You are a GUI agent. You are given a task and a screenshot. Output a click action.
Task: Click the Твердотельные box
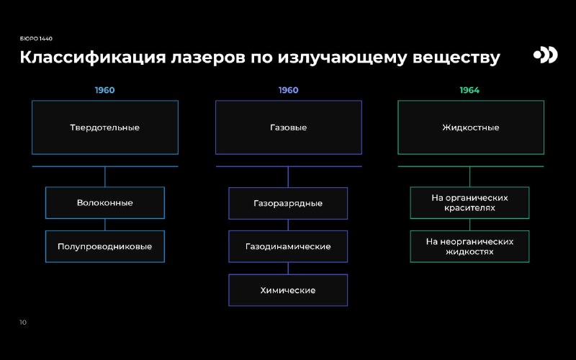pyautogui.click(x=105, y=127)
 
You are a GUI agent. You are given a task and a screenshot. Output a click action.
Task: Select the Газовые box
pyautogui.click(x=289, y=127)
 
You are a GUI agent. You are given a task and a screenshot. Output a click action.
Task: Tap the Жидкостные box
pyautogui.click(x=471, y=127)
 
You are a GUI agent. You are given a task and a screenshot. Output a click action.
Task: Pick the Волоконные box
pyautogui.click(x=105, y=203)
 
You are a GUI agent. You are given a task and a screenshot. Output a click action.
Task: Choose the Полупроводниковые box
pyautogui.click(x=105, y=246)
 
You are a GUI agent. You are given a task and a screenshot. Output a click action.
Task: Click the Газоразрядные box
pyautogui.click(x=288, y=204)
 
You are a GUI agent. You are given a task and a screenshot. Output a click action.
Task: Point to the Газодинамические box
pyautogui.click(x=288, y=246)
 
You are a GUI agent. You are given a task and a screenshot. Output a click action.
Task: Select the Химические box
pyautogui.click(x=288, y=290)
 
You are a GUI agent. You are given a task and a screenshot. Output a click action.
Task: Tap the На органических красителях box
pyautogui.click(x=470, y=203)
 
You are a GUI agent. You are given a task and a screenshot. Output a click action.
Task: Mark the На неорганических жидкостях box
pyautogui.click(x=470, y=246)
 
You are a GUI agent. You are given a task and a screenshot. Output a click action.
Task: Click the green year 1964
pyautogui.click(x=469, y=90)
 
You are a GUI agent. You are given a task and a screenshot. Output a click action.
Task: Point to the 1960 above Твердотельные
pyautogui.click(x=104, y=90)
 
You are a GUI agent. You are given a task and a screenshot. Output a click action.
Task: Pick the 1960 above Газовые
pyautogui.click(x=289, y=90)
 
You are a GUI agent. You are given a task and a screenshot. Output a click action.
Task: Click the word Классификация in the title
pyautogui.click(x=93, y=58)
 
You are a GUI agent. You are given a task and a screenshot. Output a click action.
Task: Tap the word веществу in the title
pyautogui.click(x=456, y=58)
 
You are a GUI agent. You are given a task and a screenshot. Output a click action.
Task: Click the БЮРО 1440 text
pyautogui.click(x=36, y=39)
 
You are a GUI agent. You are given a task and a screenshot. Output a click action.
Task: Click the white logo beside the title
pyautogui.click(x=546, y=55)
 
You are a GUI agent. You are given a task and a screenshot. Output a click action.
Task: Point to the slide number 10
pyautogui.click(x=23, y=322)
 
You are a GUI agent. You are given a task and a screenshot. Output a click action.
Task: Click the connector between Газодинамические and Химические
pyautogui.click(x=288, y=268)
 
